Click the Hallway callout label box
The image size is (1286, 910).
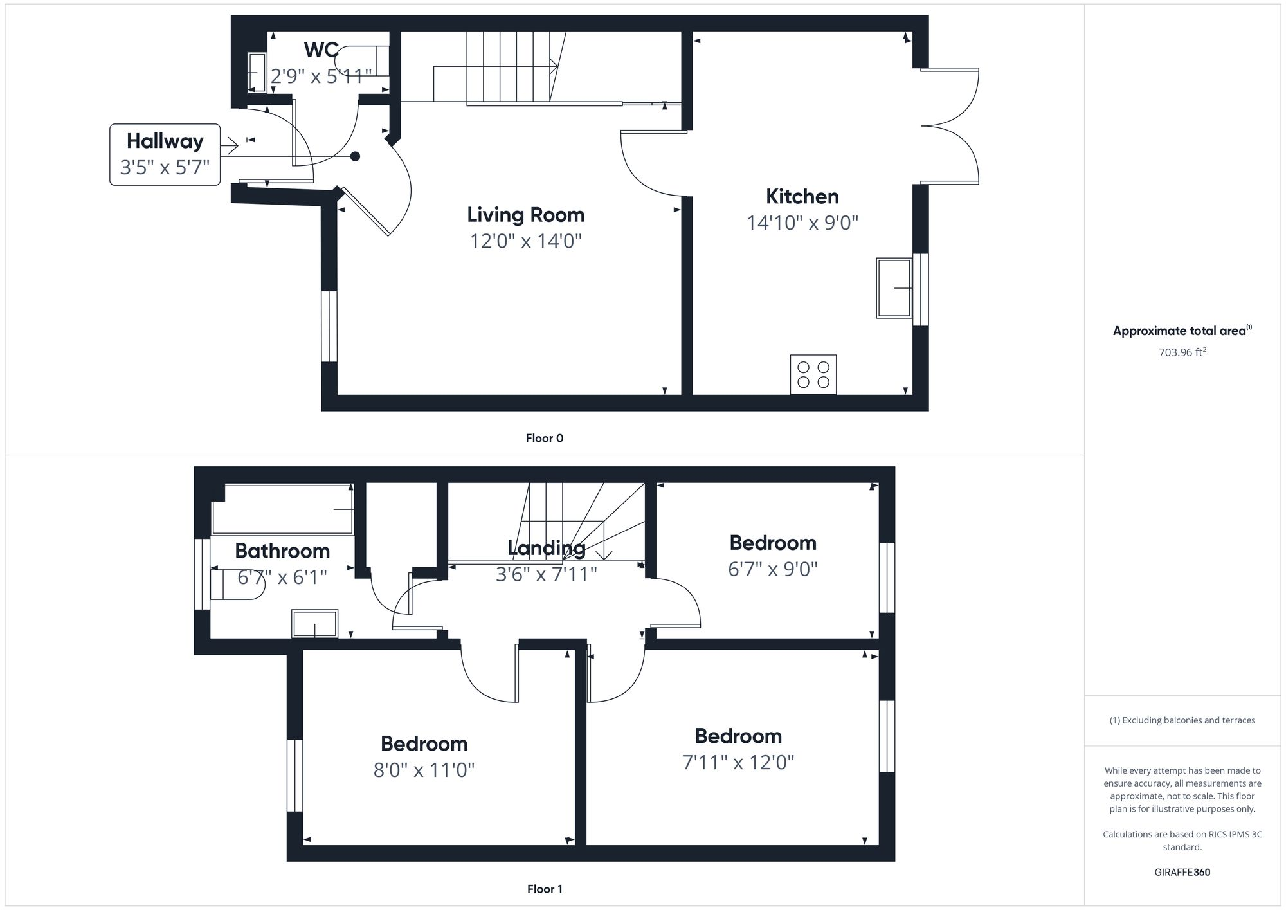[x=165, y=154]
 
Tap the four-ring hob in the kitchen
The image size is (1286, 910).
[x=813, y=374]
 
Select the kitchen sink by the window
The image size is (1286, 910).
[x=894, y=288]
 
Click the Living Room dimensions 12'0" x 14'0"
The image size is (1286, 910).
[x=525, y=241]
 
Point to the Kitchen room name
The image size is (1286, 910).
[x=802, y=196]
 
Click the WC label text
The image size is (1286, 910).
[x=321, y=50]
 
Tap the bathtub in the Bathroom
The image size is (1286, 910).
[x=282, y=509]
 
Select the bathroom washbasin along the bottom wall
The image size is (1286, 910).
[x=314, y=623]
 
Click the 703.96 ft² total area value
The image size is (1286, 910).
[x=1182, y=352]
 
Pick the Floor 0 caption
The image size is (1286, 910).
[x=544, y=438]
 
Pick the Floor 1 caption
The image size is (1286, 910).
[x=544, y=889]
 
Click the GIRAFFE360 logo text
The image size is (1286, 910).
[x=1182, y=872]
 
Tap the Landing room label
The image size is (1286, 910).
[x=546, y=548]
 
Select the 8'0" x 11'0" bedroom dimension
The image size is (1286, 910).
[x=424, y=769]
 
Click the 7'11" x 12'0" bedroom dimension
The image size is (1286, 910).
[x=738, y=762]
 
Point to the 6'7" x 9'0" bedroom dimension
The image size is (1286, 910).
[x=772, y=569]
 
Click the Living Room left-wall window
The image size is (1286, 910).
[x=329, y=326]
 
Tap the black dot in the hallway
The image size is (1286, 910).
[x=355, y=156]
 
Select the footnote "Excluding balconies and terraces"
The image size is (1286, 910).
[x=1182, y=720]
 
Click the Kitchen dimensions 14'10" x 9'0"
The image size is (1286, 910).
[x=802, y=223]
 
